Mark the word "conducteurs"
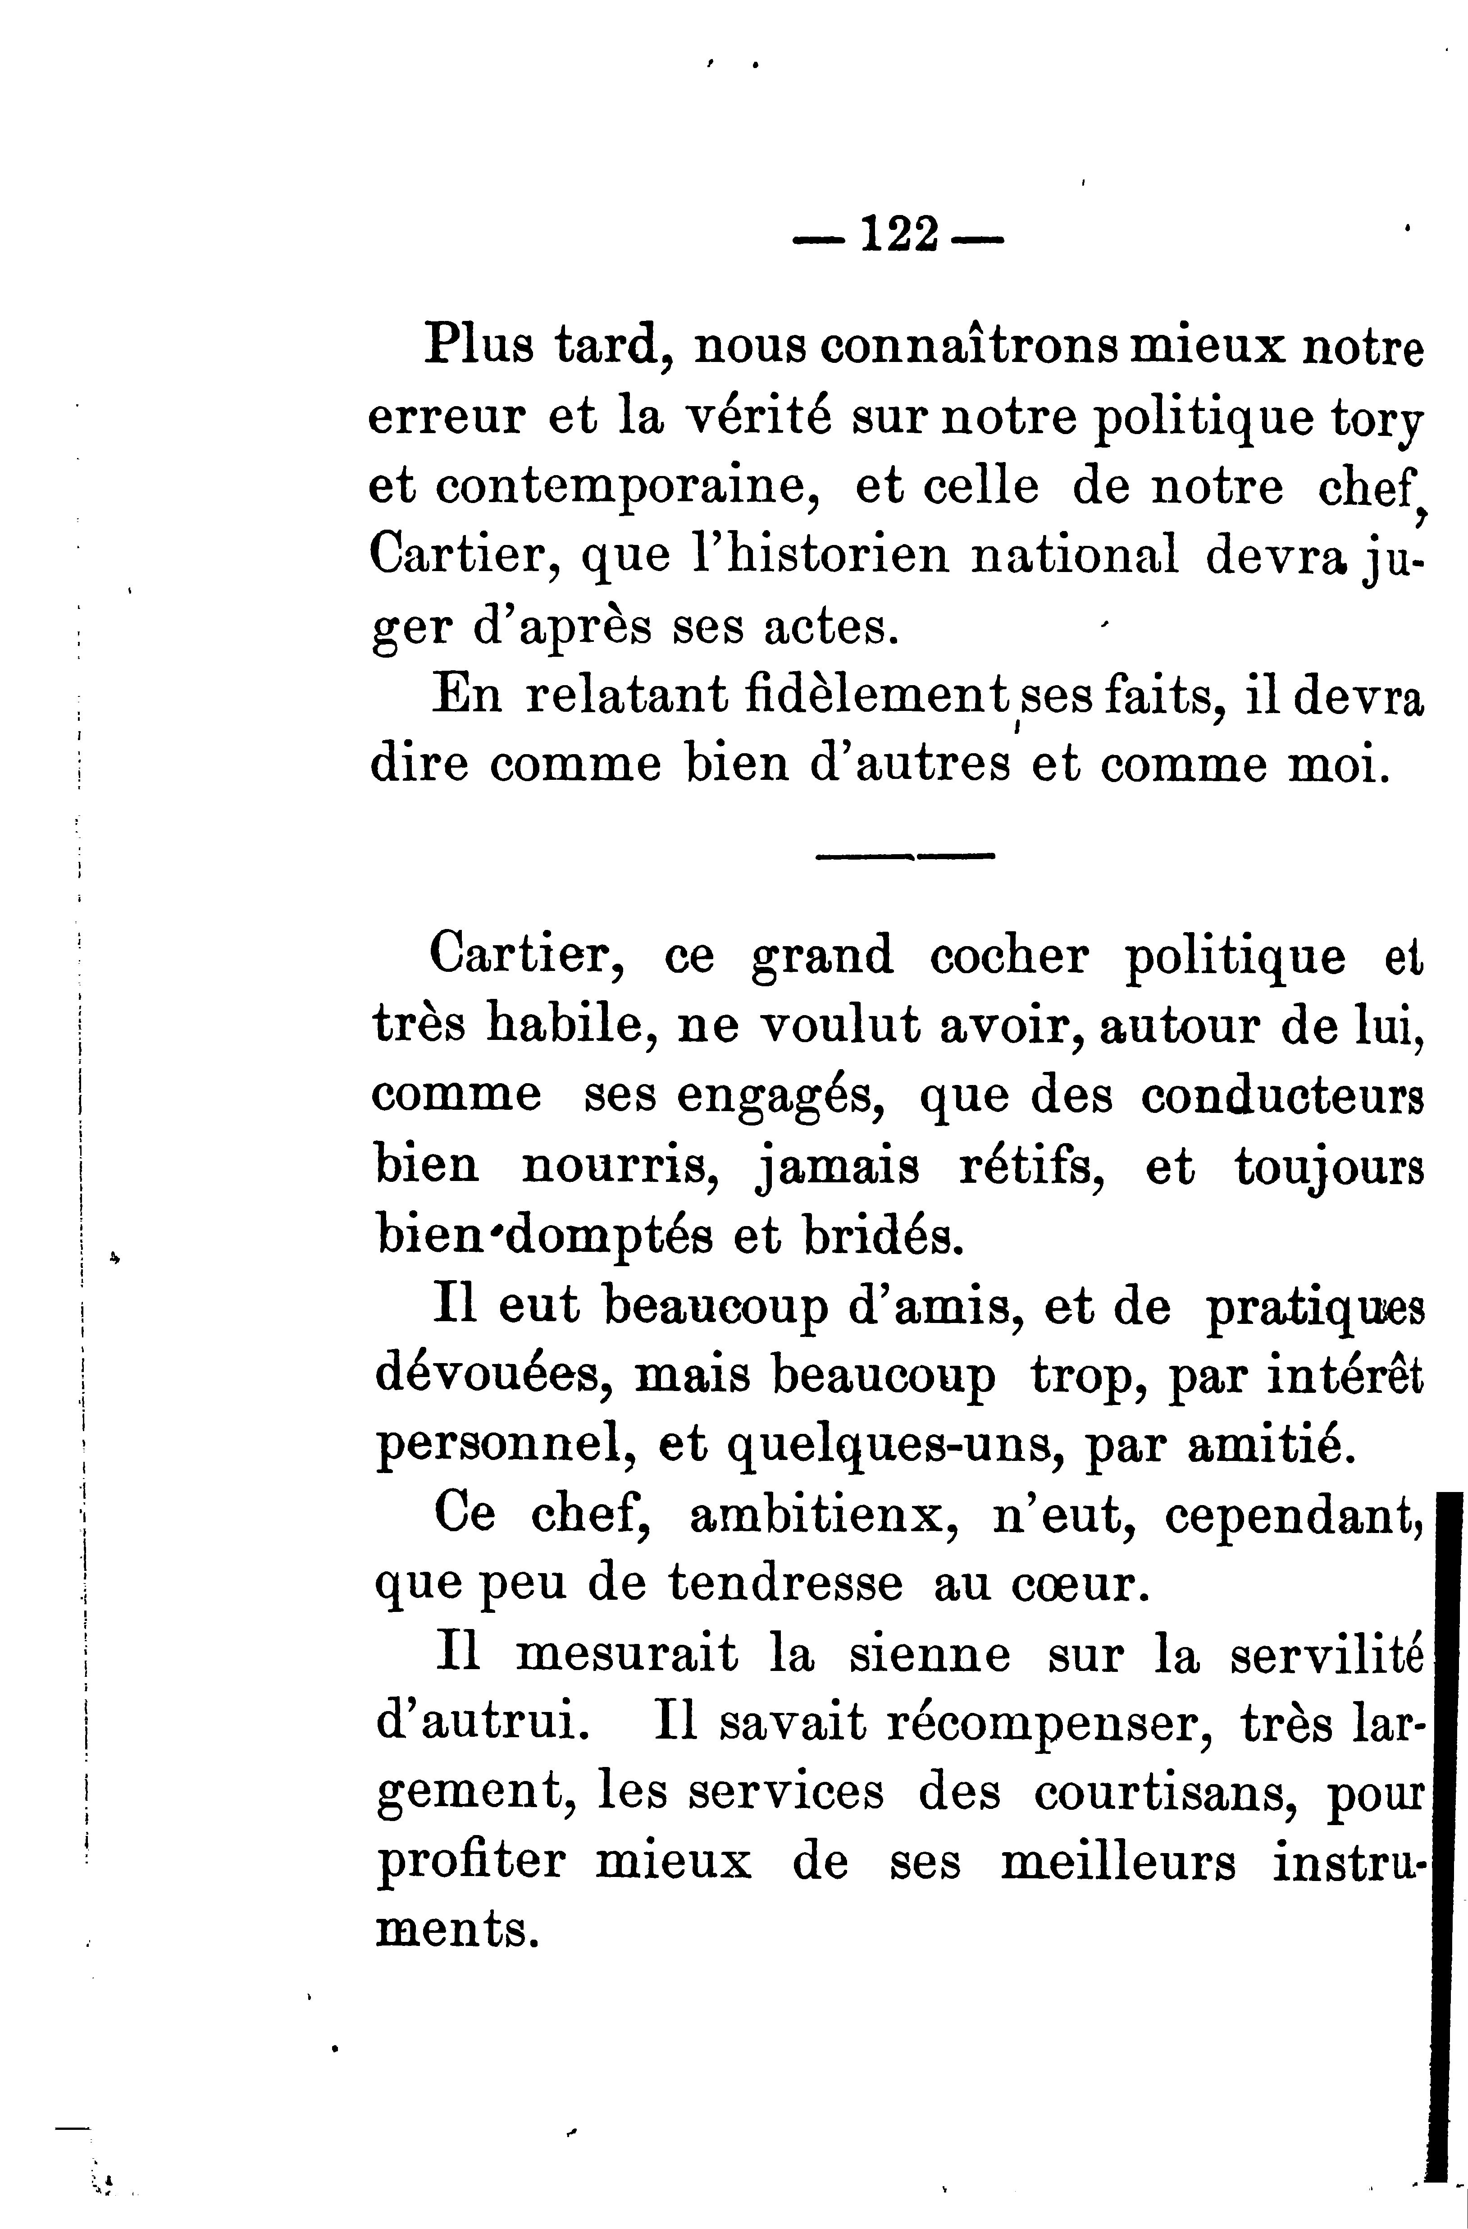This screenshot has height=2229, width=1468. [x=1282, y=1097]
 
